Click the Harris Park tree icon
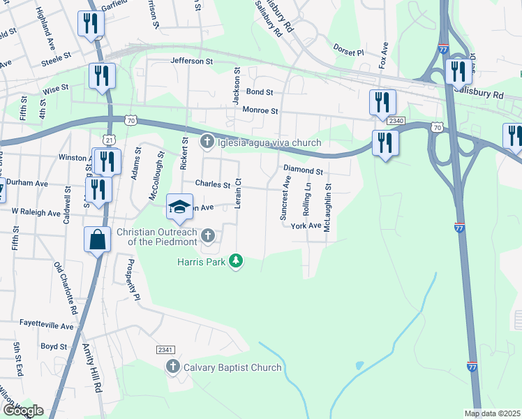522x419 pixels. point(237,261)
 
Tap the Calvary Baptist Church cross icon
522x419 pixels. point(173,367)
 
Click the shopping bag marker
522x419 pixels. point(97,240)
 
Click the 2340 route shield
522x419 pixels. point(396,121)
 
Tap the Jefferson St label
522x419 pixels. point(192,61)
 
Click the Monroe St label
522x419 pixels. point(260,110)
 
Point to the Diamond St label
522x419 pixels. point(304,170)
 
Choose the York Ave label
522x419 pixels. point(306,226)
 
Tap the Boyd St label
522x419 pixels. point(54,346)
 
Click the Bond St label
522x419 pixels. point(259,91)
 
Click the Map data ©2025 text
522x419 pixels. point(492,413)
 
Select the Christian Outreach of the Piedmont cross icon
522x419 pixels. point(207,234)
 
